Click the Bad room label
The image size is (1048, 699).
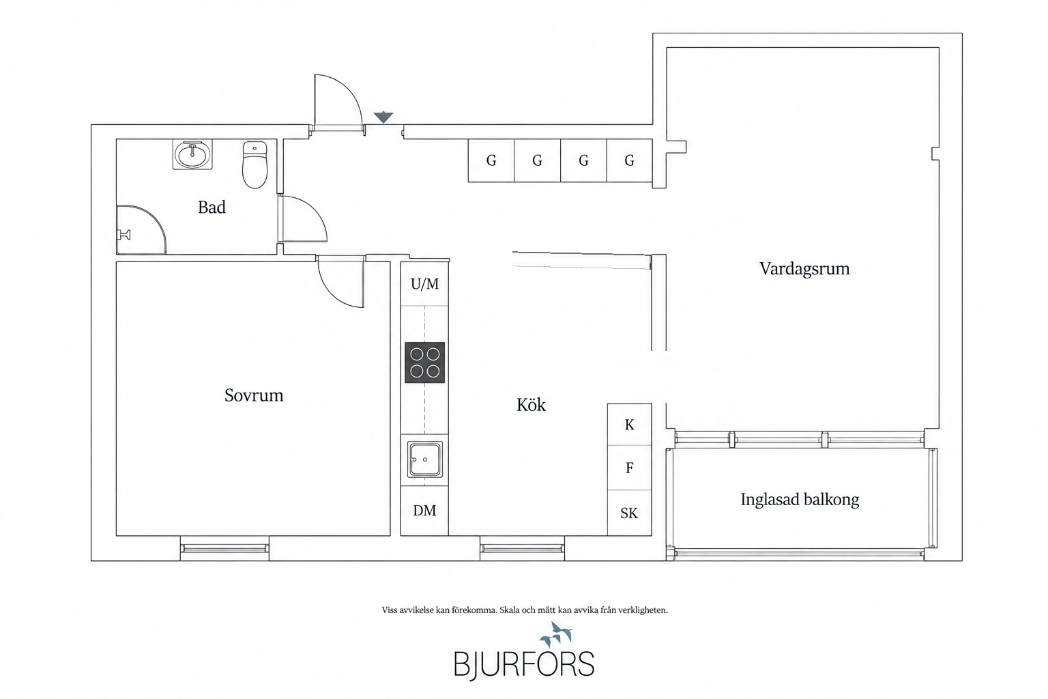click(212, 207)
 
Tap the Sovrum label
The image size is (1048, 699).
click(254, 395)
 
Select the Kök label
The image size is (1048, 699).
click(531, 405)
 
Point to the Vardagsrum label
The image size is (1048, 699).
click(804, 269)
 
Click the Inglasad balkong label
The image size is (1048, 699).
click(800, 500)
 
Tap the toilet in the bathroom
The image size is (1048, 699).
click(254, 165)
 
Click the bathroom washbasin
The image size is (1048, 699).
click(192, 154)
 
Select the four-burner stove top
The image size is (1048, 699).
click(425, 362)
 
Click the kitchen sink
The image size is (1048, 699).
click(425, 459)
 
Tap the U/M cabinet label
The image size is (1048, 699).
click(425, 284)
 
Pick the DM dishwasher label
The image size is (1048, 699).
click(424, 511)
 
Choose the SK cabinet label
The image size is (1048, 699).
click(629, 513)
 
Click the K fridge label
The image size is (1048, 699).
click(629, 425)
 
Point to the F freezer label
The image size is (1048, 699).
click(629, 468)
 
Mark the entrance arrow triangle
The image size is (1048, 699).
click(383, 117)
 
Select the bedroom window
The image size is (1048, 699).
click(224, 548)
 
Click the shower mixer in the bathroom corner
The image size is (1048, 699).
click(124, 235)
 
